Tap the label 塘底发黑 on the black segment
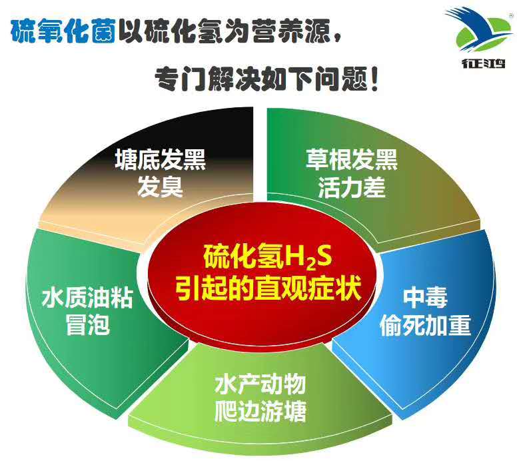tap(160, 161)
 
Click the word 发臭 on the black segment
tap(160, 189)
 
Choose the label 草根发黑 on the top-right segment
tap(351, 160)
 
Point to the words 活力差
tap(351, 189)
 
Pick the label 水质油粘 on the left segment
tap(87, 298)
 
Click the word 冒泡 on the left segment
tap(87, 326)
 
